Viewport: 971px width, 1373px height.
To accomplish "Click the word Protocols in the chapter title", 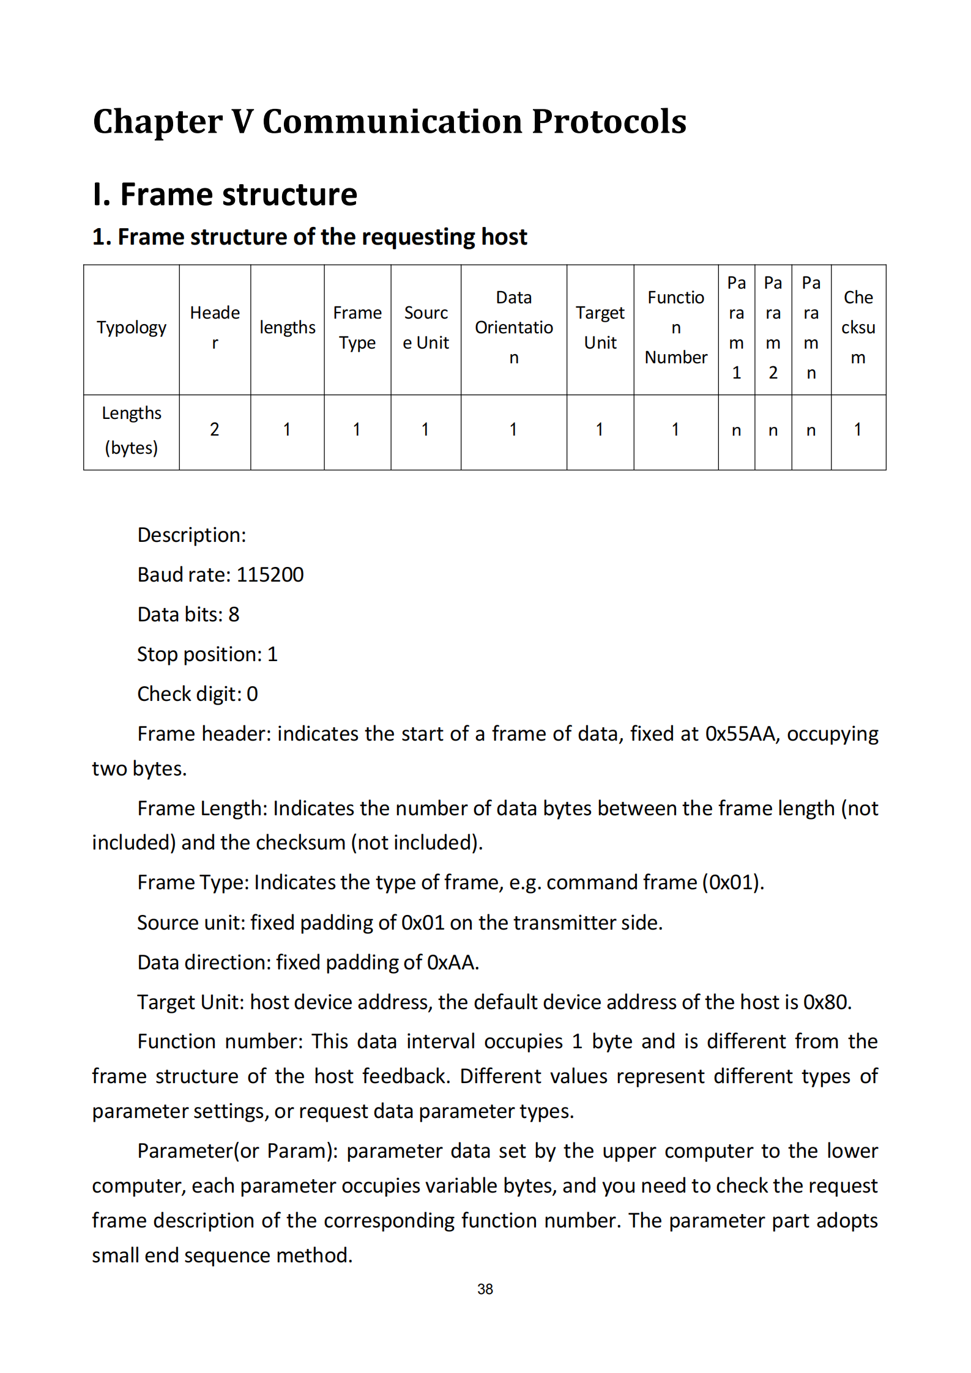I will point(609,121).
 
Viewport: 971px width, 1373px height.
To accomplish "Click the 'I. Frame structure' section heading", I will point(225,194).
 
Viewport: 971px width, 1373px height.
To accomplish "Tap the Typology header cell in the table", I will point(132,328).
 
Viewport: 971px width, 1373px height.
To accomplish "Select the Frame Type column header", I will point(357,328).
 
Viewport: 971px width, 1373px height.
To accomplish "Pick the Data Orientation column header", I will point(514,328).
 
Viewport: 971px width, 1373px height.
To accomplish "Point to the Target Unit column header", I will point(600,328).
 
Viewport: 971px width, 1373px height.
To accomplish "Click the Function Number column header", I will point(676,328).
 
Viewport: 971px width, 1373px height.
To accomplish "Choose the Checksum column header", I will point(858,328).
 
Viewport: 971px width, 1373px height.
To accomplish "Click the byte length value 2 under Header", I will point(214,430).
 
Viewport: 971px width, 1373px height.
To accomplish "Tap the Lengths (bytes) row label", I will point(132,431).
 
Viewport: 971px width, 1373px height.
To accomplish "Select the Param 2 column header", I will point(773,328).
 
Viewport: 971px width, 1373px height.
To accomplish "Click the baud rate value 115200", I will point(270,575).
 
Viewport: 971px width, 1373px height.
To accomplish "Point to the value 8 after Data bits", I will point(234,615).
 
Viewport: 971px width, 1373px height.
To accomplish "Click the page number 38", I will point(485,1289).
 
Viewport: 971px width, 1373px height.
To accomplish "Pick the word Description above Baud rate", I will point(191,535).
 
